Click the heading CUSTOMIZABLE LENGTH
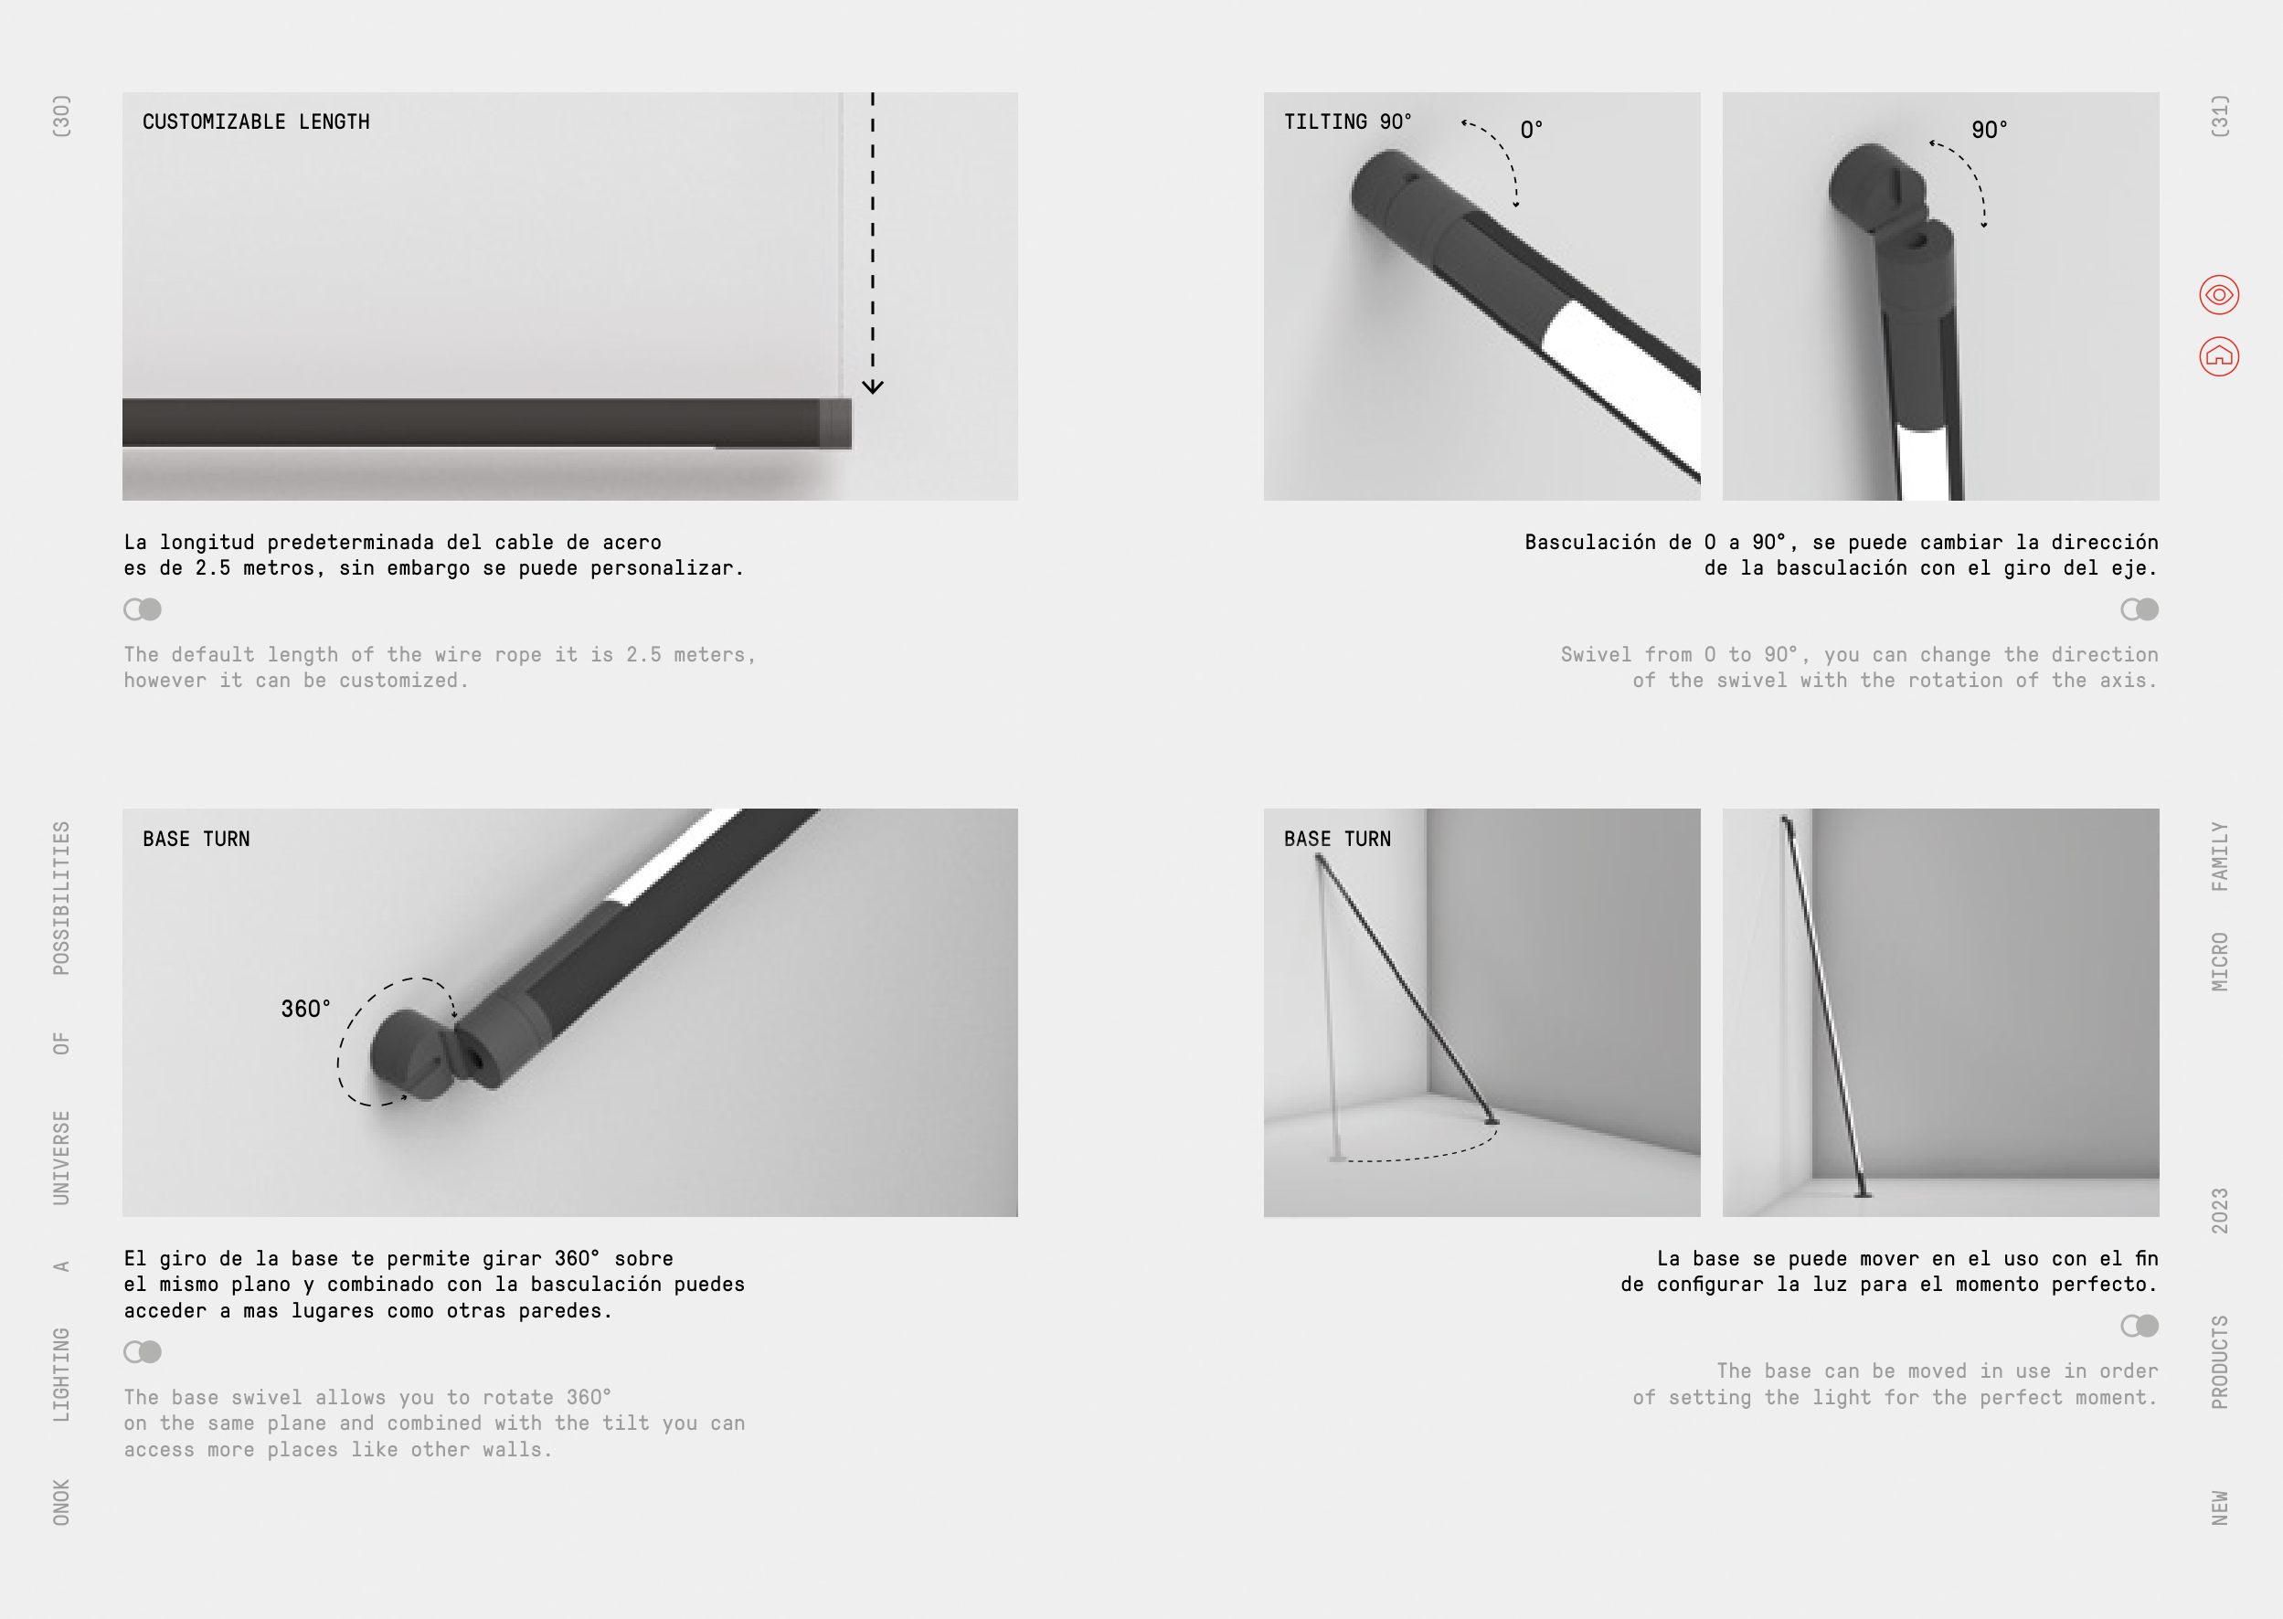pos(256,122)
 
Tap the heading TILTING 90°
pos(1348,122)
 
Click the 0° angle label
pos(1532,130)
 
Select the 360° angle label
pos(305,1009)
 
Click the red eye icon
pos(2219,295)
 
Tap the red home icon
pos(2219,357)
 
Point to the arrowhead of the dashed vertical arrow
pos(872,386)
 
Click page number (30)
pos(62,117)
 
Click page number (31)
pos(2219,117)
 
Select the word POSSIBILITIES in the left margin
pos(62,898)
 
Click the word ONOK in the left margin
pos(62,1502)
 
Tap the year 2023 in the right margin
pos(2219,1211)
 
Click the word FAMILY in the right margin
pos(2219,856)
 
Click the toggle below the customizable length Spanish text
pos(143,609)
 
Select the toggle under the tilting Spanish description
pos(2140,609)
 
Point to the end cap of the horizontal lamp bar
pos(835,424)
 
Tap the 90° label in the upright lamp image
pos(1989,130)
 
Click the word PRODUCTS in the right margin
pos(2219,1361)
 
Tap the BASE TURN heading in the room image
pos(1337,840)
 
